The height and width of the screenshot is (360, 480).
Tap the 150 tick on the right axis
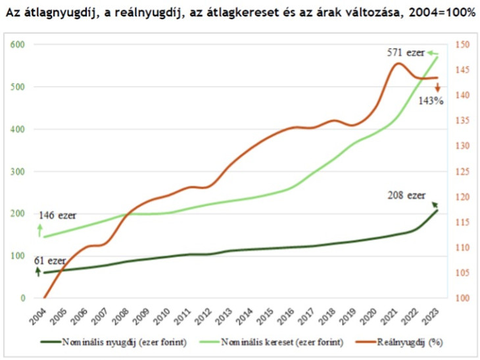coord(462,45)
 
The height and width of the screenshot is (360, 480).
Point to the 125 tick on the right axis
coord(462,172)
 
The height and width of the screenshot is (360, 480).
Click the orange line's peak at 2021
coord(396,63)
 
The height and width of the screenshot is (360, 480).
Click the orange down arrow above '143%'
coord(437,87)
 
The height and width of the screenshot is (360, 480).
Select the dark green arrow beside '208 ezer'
coord(431,195)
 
